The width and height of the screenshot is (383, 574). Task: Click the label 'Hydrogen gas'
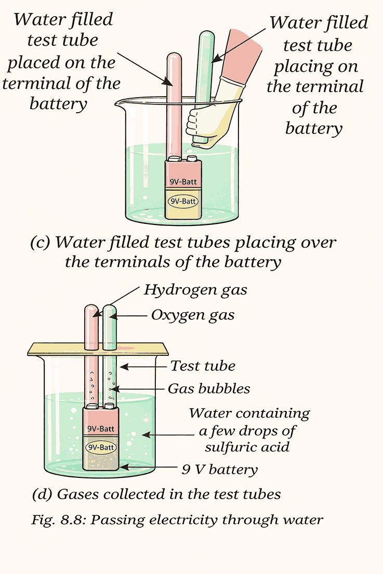(195, 290)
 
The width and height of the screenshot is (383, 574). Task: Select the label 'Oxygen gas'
(193, 315)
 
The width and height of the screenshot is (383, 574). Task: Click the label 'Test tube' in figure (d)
(203, 366)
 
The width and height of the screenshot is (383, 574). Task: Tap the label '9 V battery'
(219, 470)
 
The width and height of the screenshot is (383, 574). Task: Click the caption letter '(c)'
(41, 242)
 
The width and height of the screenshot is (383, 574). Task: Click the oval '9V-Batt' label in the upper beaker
(183, 201)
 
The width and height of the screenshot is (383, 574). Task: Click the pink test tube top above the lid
(93, 325)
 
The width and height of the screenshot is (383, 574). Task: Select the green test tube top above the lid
(110, 325)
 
